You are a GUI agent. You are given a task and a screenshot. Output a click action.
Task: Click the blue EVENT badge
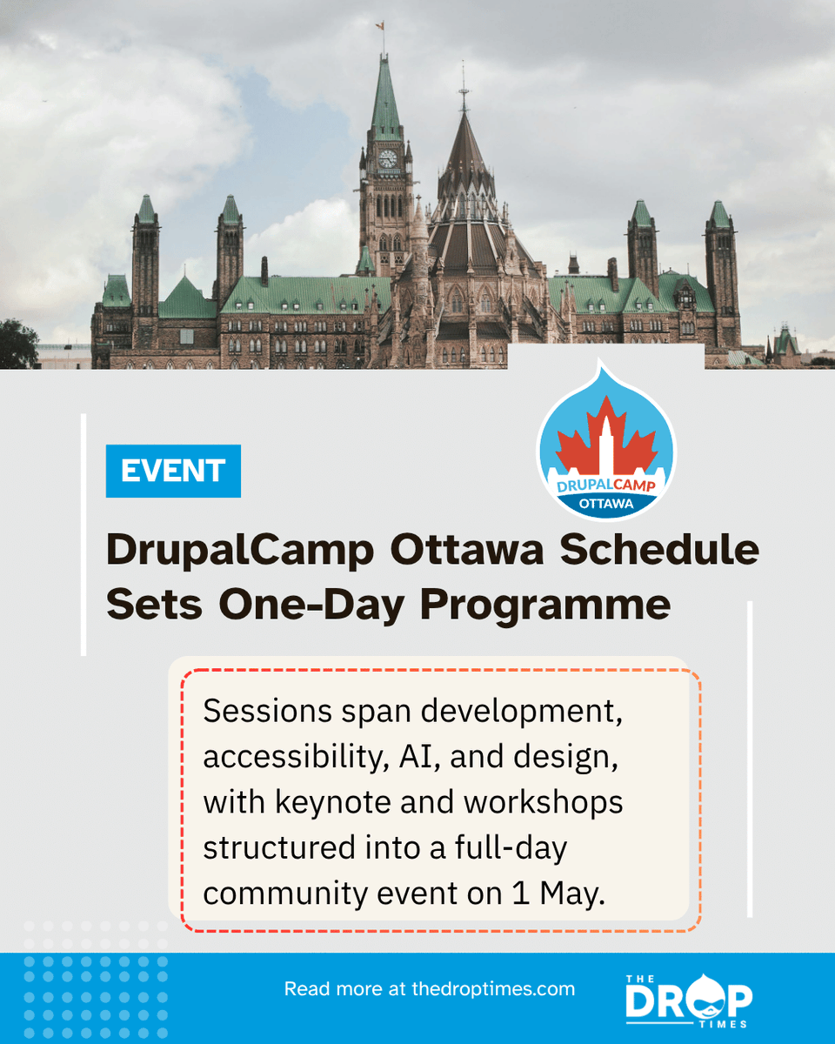click(173, 471)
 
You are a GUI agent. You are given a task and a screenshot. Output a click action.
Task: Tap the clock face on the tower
click(387, 158)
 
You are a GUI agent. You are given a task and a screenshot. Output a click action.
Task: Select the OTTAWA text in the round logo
click(606, 504)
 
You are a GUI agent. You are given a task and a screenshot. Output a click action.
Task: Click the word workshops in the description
click(543, 802)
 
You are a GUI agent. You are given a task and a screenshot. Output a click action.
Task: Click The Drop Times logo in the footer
click(689, 998)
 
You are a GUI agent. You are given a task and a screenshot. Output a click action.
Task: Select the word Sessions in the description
click(266, 712)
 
